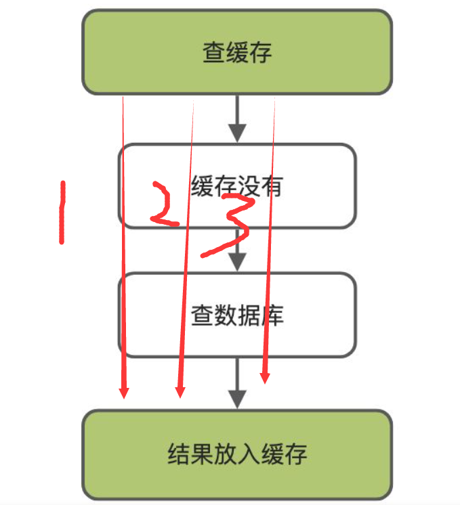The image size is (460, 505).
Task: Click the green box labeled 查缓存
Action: pos(237,51)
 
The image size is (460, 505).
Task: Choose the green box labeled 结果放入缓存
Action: pos(237,454)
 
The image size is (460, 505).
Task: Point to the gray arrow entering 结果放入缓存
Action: pos(236,384)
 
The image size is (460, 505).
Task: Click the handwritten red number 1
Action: pos(62,212)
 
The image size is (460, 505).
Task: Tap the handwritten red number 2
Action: pos(163,204)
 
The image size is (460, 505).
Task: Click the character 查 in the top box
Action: pos(213,52)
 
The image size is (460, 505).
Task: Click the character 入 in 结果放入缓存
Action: pos(259,454)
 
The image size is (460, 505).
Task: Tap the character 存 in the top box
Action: pos(260,52)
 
